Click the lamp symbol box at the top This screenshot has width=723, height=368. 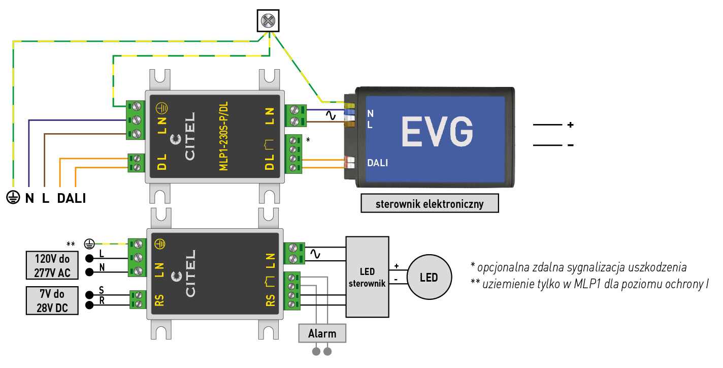(268, 21)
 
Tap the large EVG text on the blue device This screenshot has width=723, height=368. (437, 132)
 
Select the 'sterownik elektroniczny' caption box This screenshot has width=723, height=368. (430, 204)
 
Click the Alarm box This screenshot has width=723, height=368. (322, 333)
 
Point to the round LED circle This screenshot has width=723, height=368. (429, 278)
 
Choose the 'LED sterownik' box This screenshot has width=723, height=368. (367, 277)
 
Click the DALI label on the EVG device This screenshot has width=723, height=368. (377, 163)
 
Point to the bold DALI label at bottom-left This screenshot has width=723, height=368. (71, 198)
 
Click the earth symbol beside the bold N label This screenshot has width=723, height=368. (12, 198)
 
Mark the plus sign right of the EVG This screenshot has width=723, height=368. (570, 125)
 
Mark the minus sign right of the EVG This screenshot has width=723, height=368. (570, 145)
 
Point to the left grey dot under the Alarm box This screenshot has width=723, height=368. (317, 351)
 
